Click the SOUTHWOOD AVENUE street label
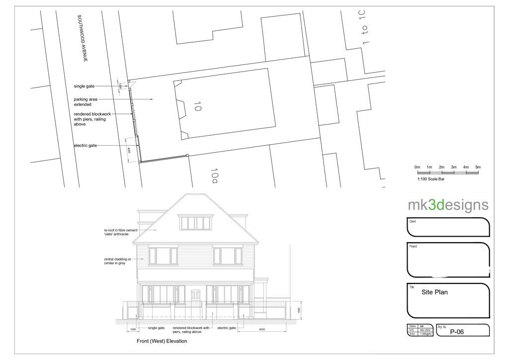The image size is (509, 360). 83,38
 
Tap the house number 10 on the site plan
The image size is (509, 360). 197,106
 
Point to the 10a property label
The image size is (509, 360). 215,175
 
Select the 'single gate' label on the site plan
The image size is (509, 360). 84,86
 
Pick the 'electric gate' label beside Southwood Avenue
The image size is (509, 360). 85,145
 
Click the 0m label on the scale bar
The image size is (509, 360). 418,167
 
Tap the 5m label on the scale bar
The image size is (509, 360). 478,167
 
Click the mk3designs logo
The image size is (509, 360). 448,205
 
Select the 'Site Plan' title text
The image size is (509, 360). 434,292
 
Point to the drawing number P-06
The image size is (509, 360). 457,332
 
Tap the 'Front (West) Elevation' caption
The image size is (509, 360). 162,342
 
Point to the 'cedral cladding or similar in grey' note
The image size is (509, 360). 117,261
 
